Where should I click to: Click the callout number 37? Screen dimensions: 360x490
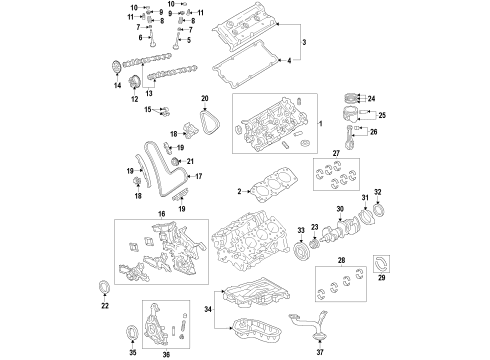pyautogui.click(x=321, y=353)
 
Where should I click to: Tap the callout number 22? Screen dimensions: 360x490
pyautogui.click(x=106, y=307)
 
